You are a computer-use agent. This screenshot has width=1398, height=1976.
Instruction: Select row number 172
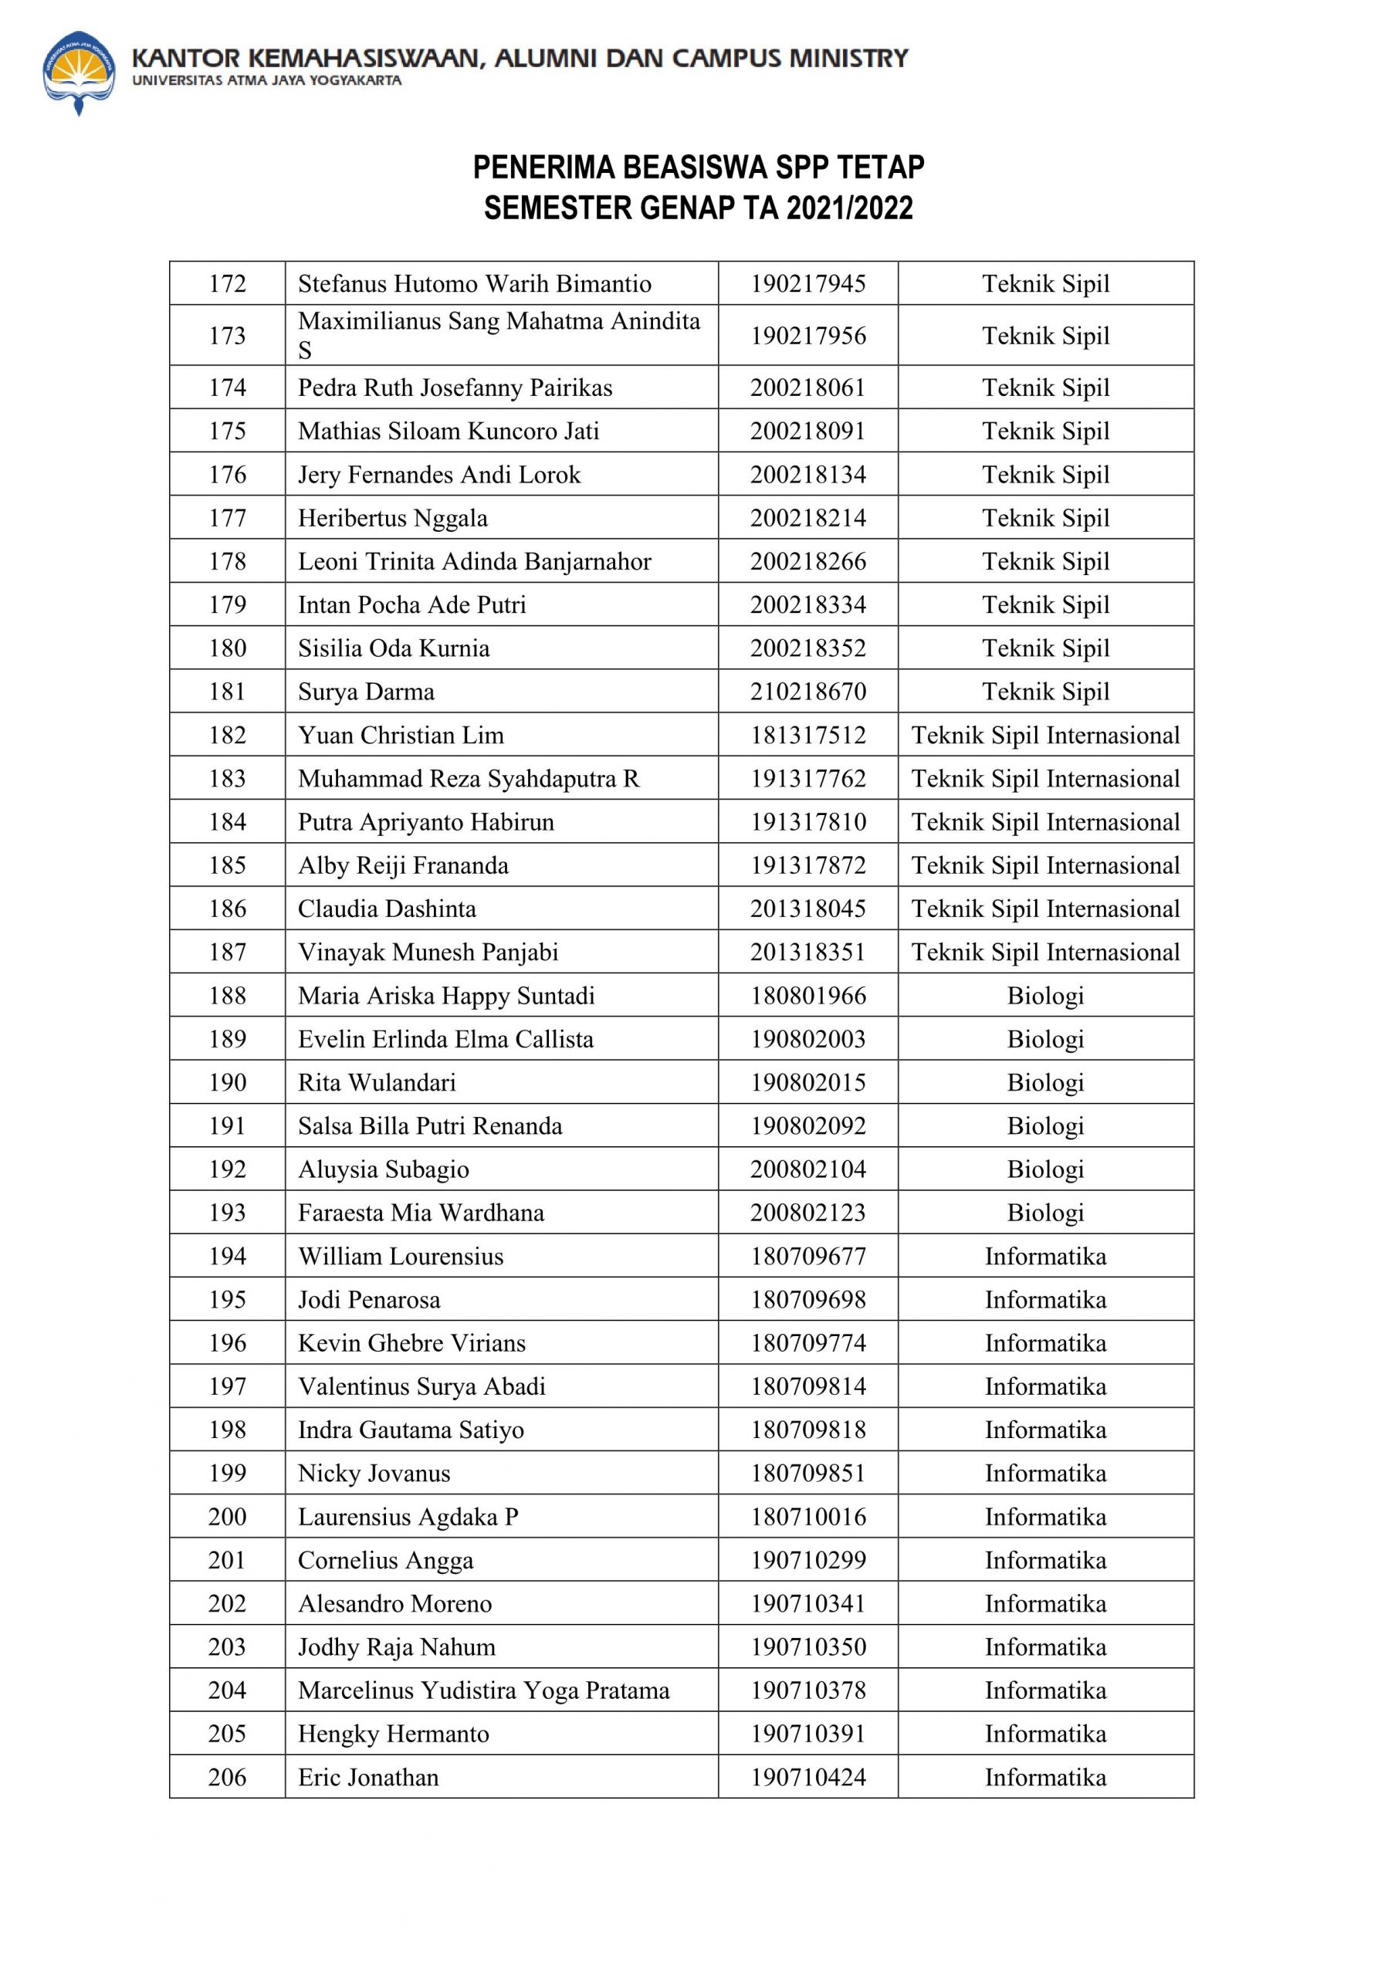click(x=227, y=284)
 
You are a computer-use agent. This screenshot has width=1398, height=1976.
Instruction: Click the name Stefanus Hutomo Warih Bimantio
click(x=474, y=284)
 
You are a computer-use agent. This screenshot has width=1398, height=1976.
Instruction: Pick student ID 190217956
click(x=807, y=336)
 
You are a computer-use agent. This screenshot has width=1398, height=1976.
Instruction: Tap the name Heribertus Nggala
click(x=393, y=518)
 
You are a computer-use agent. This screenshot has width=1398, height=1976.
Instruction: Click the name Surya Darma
click(x=366, y=692)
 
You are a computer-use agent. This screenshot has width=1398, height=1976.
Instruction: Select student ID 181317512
click(x=807, y=735)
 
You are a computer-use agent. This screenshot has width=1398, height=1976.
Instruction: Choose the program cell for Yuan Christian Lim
click(x=1045, y=735)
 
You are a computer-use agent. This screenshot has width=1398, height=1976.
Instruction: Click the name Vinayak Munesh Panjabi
click(x=428, y=952)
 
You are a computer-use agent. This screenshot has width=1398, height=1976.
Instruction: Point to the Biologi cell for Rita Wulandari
click(x=1045, y=1083)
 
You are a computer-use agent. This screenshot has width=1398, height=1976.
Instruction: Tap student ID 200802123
click(x=807, y=1213)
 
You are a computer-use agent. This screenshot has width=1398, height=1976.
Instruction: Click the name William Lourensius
click(x=401, y=1257)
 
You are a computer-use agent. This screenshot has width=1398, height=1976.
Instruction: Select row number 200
click(x=227, y=1517)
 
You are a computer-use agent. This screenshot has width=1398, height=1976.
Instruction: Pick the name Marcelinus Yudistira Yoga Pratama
click(x=483, y=1690)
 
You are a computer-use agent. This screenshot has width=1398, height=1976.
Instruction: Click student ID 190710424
click(x=807, y=1777)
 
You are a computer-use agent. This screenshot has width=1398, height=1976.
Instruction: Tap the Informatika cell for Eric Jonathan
click(x=1045, y=1777)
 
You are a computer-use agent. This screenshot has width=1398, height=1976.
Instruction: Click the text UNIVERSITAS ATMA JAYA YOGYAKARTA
click(x=266, y=81)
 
